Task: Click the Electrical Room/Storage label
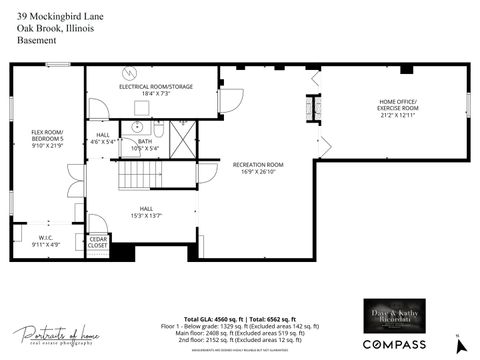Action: click(x=156, y=87)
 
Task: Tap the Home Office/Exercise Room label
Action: click(x=398, y=104)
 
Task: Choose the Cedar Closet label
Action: click(x=98, y=241)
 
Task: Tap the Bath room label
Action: click(x=145, y=142)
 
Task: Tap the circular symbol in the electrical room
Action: click(x=128, y=73)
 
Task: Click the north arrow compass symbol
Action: click(x=457, y=344)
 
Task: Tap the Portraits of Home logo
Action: click(x=57, y=335)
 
